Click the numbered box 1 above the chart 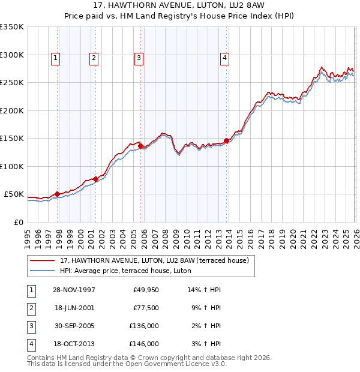click(x=55, y=58)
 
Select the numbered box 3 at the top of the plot click(x=139, y=58)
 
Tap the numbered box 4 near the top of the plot click(x=224, y=58)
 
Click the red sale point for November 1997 click(x=58, y=194)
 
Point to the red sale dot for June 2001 click(x=95, y=179)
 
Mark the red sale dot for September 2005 click(x=140, y=146)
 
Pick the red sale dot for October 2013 click(x=226, y=140)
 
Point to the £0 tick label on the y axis click(x=18, y=222)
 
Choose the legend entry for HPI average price click(x=125, y=271)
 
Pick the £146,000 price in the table click(x=144, y=344)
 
